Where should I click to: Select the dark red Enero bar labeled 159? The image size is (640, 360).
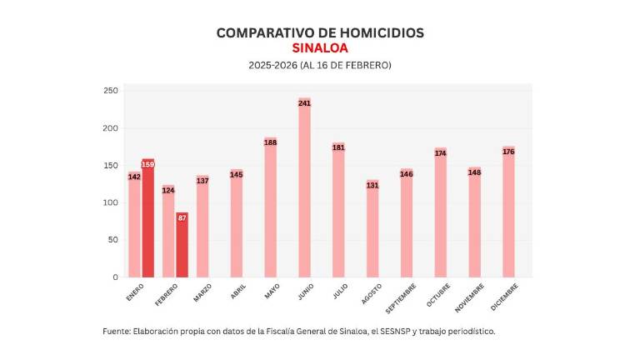[148, 218]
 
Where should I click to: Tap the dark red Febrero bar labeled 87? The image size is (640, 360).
[182, 245]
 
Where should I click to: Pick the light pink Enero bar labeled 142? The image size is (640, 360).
[134, 225]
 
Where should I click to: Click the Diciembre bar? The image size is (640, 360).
[508, 212]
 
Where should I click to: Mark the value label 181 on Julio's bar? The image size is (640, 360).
[338, 147]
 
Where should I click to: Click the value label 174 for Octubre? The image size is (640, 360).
[440, 153]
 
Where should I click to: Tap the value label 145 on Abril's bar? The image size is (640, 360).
[237, 175]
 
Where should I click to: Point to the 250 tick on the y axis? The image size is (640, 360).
[110, 90]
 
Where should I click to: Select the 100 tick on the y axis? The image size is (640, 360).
[110, 202]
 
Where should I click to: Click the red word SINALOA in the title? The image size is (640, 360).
[320, 48]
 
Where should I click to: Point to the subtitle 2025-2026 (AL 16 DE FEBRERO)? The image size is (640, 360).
[320, 65]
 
